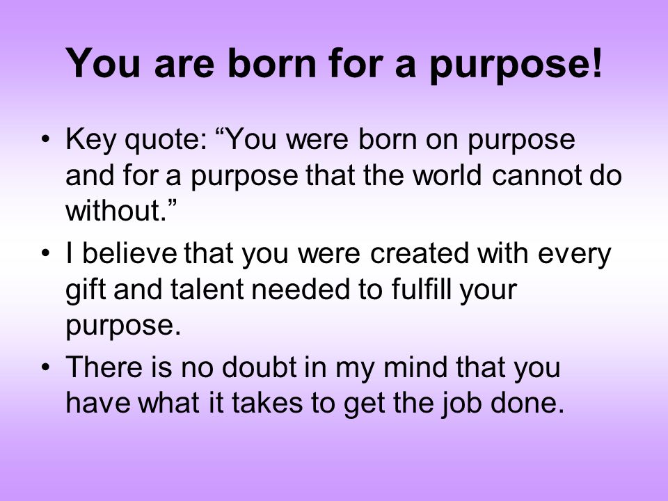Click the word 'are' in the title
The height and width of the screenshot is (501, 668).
click(x=184, y=65)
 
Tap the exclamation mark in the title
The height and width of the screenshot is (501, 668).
click(x=596, y=62)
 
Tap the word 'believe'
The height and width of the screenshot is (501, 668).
click(x=129, y=253)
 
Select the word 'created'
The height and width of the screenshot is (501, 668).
click(x=419, y=253)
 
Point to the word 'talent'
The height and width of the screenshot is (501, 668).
click(x=207, y=289)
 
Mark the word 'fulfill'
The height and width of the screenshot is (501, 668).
click(x=421, y=289)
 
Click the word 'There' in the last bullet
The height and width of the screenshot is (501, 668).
click(x=104, y=367)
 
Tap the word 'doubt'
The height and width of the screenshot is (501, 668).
click(x=259, y=367)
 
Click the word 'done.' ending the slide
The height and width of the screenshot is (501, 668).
click(x=527, y=403)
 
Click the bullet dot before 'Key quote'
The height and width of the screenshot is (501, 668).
click(x=46, y=140)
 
